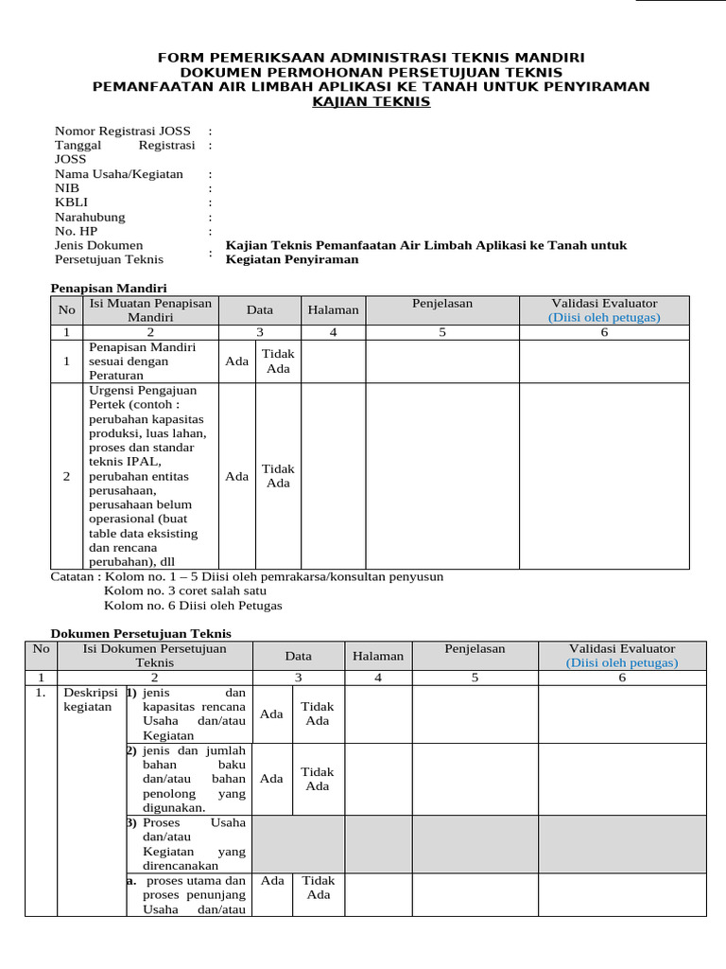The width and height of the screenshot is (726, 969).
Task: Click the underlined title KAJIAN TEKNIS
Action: [x=372, y=101]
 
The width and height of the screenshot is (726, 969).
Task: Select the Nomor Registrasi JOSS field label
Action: [x=122, y=131]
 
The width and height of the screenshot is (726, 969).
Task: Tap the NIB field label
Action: [x=67, y=188]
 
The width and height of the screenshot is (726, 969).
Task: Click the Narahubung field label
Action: [x=89, y=217]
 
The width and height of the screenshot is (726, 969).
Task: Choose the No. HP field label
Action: [x=76, y=231]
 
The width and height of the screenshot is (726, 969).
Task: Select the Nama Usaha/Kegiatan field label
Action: [x=118, y=174]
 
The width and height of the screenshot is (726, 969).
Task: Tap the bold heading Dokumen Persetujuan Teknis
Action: [x=140, y=633]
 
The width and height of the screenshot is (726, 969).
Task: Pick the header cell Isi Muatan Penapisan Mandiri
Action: [x=151, y=310]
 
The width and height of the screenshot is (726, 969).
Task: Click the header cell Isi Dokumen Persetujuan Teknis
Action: [x=155, y=656]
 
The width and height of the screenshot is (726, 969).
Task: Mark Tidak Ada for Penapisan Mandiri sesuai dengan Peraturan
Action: [x=278, y=361]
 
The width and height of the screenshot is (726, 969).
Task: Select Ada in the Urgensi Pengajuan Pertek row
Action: [x=237, y=476]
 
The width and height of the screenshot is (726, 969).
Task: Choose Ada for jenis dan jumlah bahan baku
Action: [x=271, y=779]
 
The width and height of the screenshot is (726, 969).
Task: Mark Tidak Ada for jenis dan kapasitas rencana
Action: [x=318, y=714]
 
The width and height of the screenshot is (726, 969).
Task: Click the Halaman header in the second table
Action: [x=378, y=656]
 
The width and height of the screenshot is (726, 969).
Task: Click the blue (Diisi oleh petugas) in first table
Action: [x=604, y=318]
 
